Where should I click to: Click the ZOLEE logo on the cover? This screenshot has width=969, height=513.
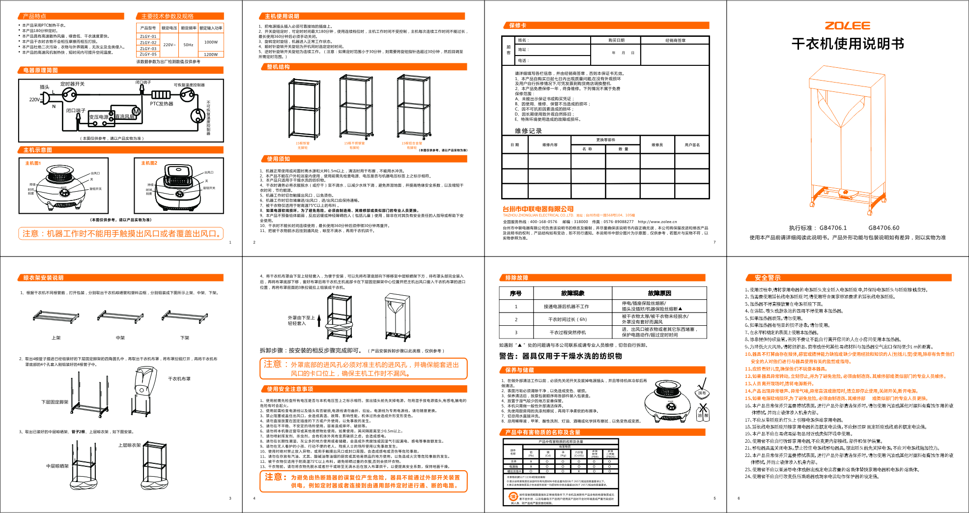coord(847,26)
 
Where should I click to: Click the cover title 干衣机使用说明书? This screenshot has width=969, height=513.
coord(848,44)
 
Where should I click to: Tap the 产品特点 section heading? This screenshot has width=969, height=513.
coord(34,16)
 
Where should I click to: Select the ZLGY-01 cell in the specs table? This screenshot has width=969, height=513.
coord(148,36)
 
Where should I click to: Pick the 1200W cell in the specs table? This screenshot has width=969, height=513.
coord(211,55)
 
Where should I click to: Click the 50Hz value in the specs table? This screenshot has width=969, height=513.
coord(188,45)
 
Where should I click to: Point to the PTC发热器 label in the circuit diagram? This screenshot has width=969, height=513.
coord(162,104)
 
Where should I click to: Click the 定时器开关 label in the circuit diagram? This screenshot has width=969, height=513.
coord(72,84)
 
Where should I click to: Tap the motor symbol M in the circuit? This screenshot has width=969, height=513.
coord(136,112)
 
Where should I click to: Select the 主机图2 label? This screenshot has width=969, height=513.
coord(149,163)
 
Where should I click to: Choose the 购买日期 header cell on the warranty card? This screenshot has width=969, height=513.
coord(616,40)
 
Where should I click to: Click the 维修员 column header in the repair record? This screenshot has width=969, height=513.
coord(657,145)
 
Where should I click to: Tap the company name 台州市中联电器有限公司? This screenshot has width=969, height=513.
coord(538,209)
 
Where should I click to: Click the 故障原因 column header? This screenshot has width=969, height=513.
coord(659,293)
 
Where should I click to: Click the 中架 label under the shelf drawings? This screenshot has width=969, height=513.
coord(120,338)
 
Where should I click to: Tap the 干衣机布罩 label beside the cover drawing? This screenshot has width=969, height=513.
coord(179,379)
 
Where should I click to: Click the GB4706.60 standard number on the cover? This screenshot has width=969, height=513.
coord(883,228)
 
